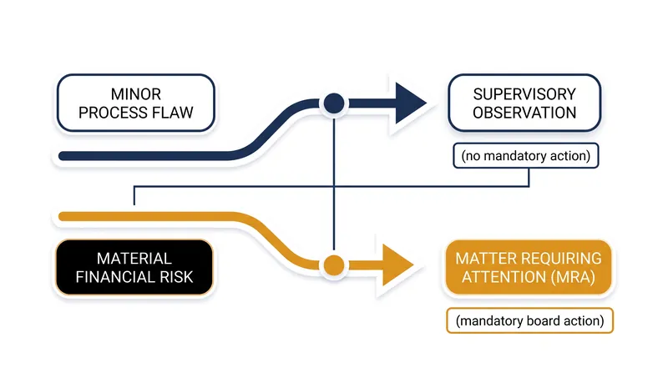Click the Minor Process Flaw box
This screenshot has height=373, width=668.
click(136, 103)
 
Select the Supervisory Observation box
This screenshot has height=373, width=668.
click(524, 103)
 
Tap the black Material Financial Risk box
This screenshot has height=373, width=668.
click(134, 267)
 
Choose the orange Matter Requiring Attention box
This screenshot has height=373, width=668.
click(529, 267)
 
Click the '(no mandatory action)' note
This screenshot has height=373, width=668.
click(526, 156)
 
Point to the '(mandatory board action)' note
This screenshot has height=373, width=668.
click(529, 320)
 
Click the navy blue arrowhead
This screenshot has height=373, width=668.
click(411, 103)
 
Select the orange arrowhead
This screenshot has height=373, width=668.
click(398, 265)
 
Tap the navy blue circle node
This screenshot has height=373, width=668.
click(334, 103)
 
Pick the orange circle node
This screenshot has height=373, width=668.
click(334, 265)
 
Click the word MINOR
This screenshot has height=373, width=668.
click(136, 94)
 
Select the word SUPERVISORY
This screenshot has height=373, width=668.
click(524, 94)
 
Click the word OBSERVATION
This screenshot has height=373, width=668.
click(524, 113)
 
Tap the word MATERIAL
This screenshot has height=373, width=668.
click(134, 259)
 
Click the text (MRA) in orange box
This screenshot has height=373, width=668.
click(573, 277)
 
